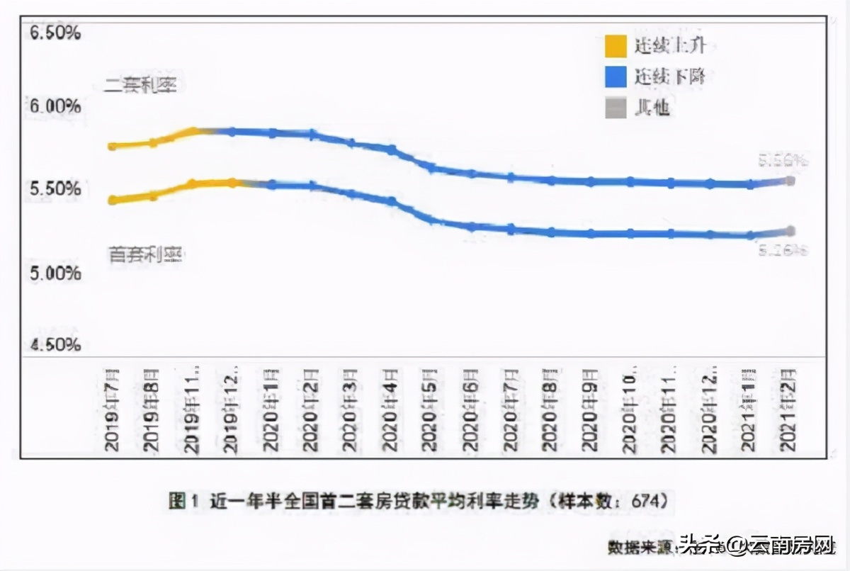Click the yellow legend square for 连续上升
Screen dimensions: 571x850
tap(615, 47)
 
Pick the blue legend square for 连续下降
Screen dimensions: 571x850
tap(615, 77)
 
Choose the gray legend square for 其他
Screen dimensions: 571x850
tap(615, 108)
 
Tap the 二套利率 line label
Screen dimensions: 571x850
tap(140, 86)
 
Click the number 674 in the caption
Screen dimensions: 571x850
tap(647, 501)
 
